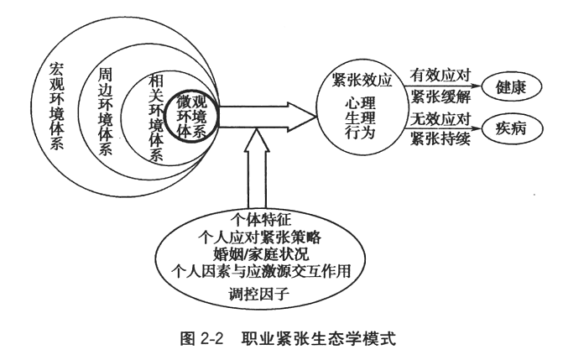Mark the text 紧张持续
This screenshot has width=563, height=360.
(437, 138)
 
